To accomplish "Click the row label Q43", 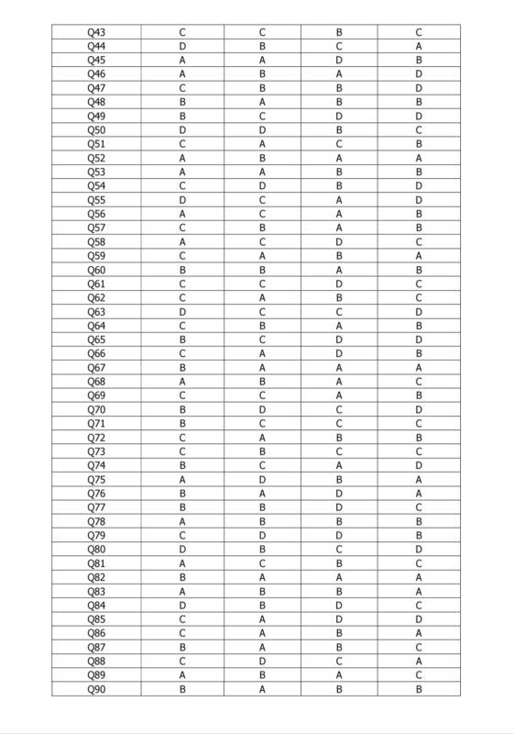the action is click(x=96, y=32).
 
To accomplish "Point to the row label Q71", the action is click(x=96, y=425).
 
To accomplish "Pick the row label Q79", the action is click(x=96, y=535).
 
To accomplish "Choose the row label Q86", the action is click(x=96, y=633).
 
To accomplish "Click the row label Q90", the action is click(x=96, y=688).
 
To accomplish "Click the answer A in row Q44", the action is click(x=419, y=46).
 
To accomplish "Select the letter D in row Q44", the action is click(x=184, y=46).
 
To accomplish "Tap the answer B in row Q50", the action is click(x=339, y=129).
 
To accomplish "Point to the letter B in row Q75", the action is click(x=339, y=478).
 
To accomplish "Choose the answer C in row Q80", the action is click(x=339, y=550).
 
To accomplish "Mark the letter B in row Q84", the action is click(x=263, y=605).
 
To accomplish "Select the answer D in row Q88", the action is click(x=263, y=661).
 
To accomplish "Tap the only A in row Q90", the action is click(x=263, y=688).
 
